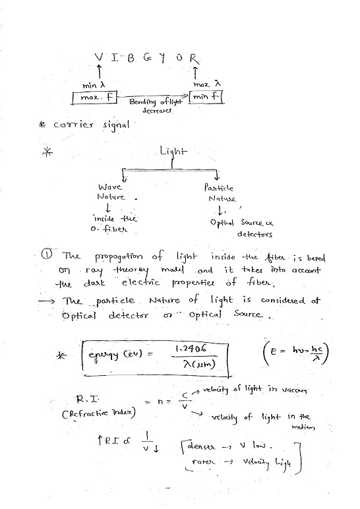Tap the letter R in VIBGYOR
(x=193, y=57)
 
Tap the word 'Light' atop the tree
(x=173, y=152)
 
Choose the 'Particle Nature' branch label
(x=221, y=193)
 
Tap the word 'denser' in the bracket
(x=208, y=448)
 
